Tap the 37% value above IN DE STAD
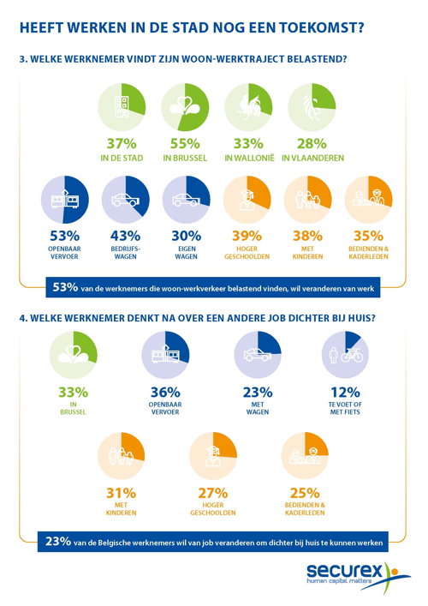pos(122,144)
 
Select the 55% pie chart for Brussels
pos(185,107)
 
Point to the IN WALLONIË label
pos(249,158)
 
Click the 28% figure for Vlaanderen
pos(312,144)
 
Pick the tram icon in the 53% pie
pos(65,200)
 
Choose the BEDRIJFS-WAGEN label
pos(126,252)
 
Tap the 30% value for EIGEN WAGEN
pos(186,236)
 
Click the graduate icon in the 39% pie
pos(247,201)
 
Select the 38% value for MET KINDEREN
pos(307,236)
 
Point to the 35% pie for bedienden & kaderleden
pos(369,200)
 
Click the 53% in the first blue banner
pos(65,287)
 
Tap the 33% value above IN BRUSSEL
pos(74,393)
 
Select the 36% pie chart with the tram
pos(165,355)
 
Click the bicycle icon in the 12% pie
pos(352,354)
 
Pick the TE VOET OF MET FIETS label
pos(345,408)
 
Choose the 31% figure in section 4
pos(122,493)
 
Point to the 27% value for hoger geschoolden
pos(213,493)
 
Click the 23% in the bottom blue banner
pos(58,541)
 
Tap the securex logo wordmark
pos(344,571)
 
